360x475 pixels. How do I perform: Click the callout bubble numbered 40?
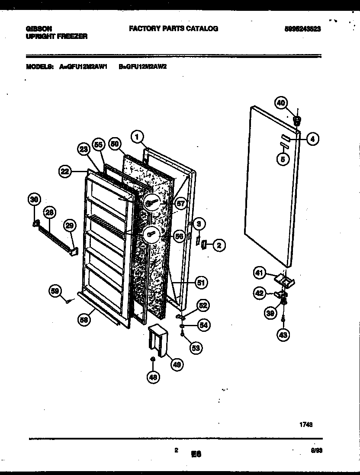[281, 103]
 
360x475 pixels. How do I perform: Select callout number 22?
[65, 171]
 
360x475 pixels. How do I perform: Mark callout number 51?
[200, 282]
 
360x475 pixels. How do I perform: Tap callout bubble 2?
[219, 246]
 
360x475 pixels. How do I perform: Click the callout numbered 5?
[283, 159]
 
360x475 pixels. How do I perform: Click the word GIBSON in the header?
[37, 29]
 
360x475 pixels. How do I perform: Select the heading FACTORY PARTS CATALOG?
[174, 29]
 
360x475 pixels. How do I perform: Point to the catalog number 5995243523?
[303, 29]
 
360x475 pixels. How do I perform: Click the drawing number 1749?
[306, 425]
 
